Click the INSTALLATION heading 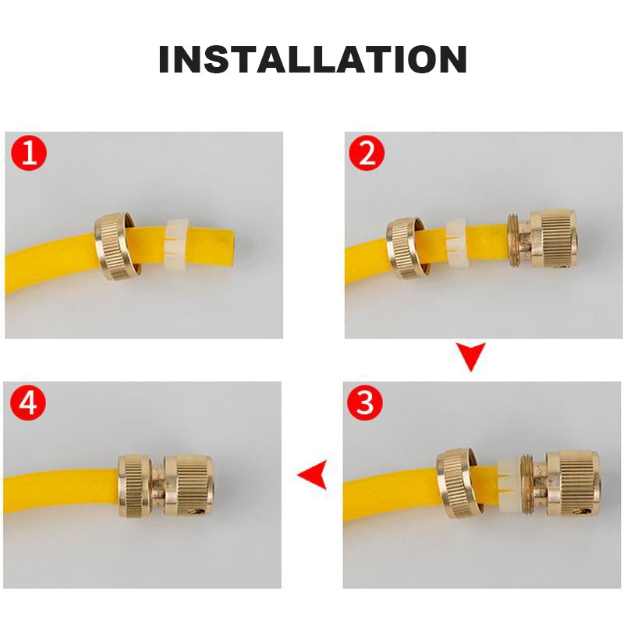313,59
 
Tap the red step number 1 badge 29,153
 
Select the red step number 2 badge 367,153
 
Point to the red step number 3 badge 365,402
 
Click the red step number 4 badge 28,402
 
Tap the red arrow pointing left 313,474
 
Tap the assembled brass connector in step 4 166,486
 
